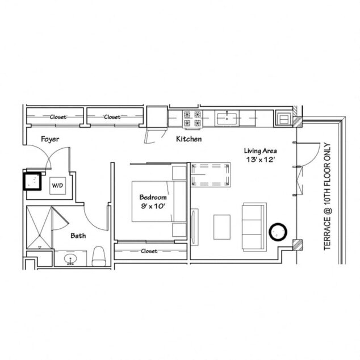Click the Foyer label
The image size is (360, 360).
click(x=50, y=139)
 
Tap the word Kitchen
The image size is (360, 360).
click(x=189, y=139)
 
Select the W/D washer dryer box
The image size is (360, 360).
click(x=57, y=186)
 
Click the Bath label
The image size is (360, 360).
click(x=78, y=236)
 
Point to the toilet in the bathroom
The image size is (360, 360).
click(x=99, y=256)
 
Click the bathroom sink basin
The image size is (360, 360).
click(x=70, y=259)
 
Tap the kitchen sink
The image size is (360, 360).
click(x=227, y=118)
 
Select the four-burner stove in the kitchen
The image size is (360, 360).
click(x=192, y=119)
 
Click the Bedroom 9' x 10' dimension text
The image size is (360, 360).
click(x=153, y=202)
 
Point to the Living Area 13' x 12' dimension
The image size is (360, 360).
click(x=260, y=155)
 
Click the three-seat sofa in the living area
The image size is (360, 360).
click(x=254, y=227)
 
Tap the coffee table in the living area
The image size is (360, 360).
click(x=222, y=227)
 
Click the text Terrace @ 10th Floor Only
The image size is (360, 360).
click(x=327, y=196)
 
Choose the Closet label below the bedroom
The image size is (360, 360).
click(x=149, y=251)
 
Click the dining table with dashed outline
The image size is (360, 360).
click(x=211, y=175)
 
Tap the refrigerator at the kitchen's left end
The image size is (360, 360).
click(x=157, y=117)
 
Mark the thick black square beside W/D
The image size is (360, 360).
click(x=32, y=181)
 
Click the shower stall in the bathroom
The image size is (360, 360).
click(x=39, y=227)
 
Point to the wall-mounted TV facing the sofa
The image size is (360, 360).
click(x=194, y=227)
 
